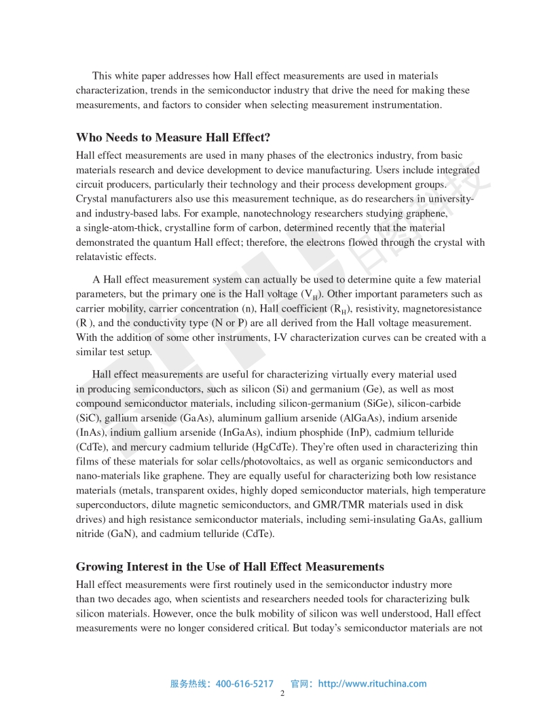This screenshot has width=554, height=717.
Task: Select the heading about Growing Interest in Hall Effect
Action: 229,566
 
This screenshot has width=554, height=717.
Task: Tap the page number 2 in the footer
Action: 282,694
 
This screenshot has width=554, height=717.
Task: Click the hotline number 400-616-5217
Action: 244,684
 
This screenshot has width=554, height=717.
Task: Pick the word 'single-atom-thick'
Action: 122,227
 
